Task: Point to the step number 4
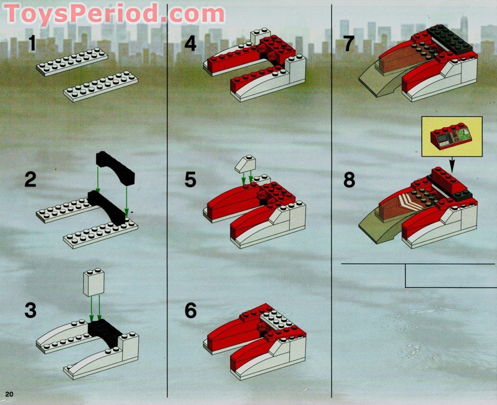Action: tap(191, 43)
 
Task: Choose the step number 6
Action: tap(191, 311)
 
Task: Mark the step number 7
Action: tap(349, 43)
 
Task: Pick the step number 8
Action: tap(349, 179)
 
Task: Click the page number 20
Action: tap(9, 394)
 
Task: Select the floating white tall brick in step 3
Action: tap(93, 282)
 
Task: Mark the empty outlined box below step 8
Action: tap(451, 276)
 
